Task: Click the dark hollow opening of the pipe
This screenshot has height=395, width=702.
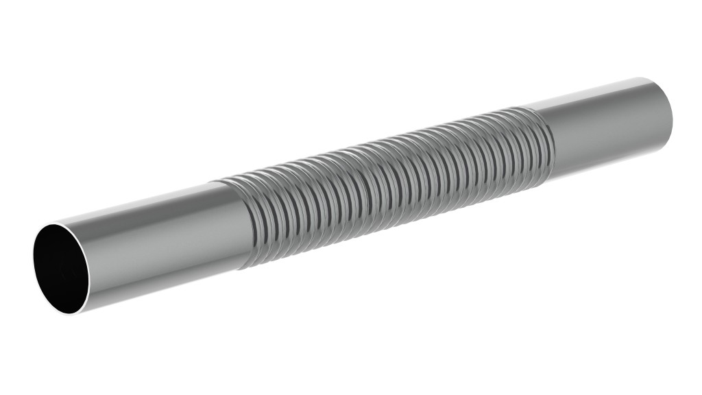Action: point(61,268)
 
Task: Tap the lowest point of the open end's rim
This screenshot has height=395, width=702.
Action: point(77,314)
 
